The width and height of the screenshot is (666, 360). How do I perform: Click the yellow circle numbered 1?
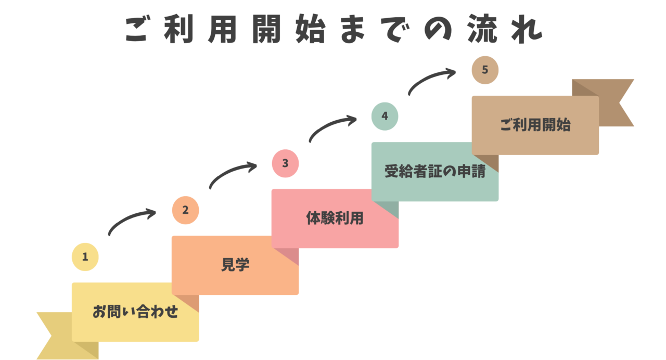tap(85, 257)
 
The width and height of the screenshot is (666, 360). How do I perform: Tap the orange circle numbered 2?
tap(186, 210)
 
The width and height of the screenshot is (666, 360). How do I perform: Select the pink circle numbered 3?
tap(285, 163)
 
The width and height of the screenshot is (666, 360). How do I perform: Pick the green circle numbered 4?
tap(385, 116)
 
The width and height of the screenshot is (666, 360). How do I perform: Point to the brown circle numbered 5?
tap(485, 70)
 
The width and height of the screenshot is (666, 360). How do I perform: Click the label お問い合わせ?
tap(135, 312)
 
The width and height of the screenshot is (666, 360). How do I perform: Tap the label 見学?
tap(235, 265)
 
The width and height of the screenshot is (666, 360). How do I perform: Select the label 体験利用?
tap(335, 218)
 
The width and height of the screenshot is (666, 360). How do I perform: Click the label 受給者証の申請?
tap(434, 171)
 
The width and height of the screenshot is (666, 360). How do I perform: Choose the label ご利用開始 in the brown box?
tap(535, 125)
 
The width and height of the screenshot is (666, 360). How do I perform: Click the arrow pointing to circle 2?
tap(131, 221)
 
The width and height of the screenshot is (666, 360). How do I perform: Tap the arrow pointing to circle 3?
tap(232, 174)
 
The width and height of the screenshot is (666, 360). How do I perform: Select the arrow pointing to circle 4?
tap(332, 127)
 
